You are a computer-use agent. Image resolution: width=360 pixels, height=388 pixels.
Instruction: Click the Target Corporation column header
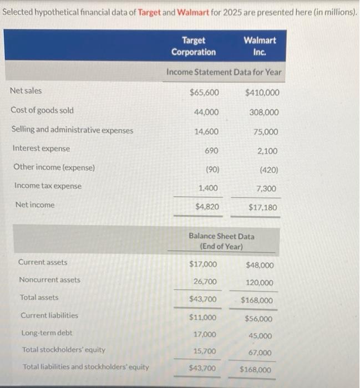click(x=193, y=46)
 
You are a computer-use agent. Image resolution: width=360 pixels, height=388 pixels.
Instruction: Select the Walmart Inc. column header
click(x=260, y=46)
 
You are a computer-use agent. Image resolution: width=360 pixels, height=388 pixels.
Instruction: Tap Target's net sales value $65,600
click(x=204, y=93)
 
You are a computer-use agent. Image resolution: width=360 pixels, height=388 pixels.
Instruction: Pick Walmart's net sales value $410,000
click(x=262, y=93)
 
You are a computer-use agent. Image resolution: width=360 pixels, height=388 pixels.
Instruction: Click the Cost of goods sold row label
click(x=42, y=110)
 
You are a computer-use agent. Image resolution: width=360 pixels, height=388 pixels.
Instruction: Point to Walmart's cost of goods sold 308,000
click(x=264, y=113)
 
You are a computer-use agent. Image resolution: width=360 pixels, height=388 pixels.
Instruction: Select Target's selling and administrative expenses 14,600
click(x=206, y=131)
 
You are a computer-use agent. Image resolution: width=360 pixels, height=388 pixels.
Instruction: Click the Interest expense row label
click(x=40, y=149)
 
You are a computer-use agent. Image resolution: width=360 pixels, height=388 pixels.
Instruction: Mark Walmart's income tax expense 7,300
click(x=267, y=189)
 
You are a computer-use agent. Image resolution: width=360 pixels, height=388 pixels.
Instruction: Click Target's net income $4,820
click(x=207, y=207)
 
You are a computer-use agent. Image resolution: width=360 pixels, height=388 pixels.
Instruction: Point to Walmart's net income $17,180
click(x=263, y=208)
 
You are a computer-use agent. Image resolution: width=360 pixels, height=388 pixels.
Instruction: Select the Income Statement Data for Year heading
click(x=224, y=72)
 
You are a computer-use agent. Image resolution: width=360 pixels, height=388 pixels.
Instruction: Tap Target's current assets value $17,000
click(x=203, y=264)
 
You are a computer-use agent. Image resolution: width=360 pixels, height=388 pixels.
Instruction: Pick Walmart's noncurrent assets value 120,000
click(x=260, y=283)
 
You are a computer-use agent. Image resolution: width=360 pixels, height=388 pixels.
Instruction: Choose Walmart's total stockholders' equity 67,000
click(x=261, y=353)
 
